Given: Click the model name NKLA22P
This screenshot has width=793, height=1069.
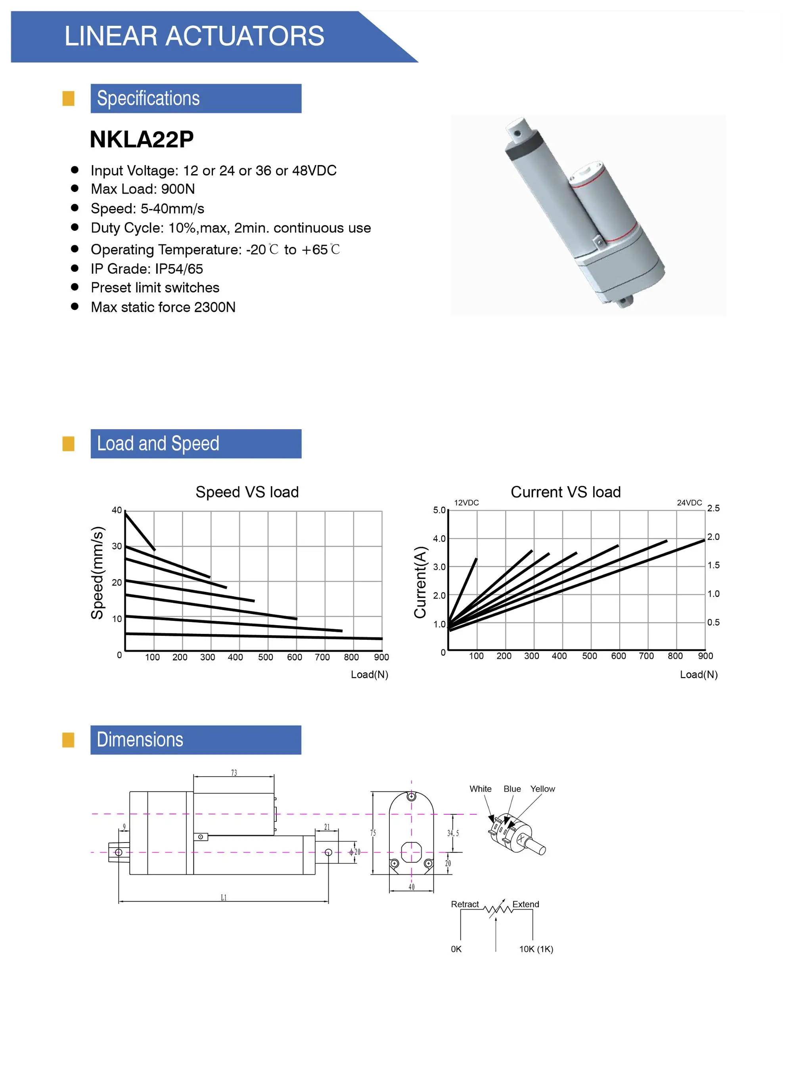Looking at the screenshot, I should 142,140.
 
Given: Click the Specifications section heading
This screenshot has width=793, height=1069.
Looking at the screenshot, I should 148,98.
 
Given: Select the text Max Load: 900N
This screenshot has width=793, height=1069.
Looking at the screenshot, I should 143,189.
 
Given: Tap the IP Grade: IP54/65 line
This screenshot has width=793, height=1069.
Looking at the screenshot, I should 146,269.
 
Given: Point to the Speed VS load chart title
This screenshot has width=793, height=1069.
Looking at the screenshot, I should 247,492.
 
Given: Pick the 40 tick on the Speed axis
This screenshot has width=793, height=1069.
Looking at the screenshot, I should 117,510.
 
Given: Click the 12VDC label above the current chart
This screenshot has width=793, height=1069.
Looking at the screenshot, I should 466,503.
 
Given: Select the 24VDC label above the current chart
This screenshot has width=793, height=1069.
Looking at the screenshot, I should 689,503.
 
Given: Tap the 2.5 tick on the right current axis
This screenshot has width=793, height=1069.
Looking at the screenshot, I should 713,508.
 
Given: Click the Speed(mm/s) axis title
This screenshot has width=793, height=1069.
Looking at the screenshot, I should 98,573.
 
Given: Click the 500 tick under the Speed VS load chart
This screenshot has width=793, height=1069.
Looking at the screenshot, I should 265,657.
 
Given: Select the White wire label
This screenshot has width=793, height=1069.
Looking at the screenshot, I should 480,789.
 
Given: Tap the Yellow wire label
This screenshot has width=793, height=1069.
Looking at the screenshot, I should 542,789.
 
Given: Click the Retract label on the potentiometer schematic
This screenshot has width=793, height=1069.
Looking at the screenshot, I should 464,904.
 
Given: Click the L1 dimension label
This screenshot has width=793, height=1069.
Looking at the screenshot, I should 224,898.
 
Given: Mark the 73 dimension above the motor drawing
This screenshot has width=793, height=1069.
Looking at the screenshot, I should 234,773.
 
